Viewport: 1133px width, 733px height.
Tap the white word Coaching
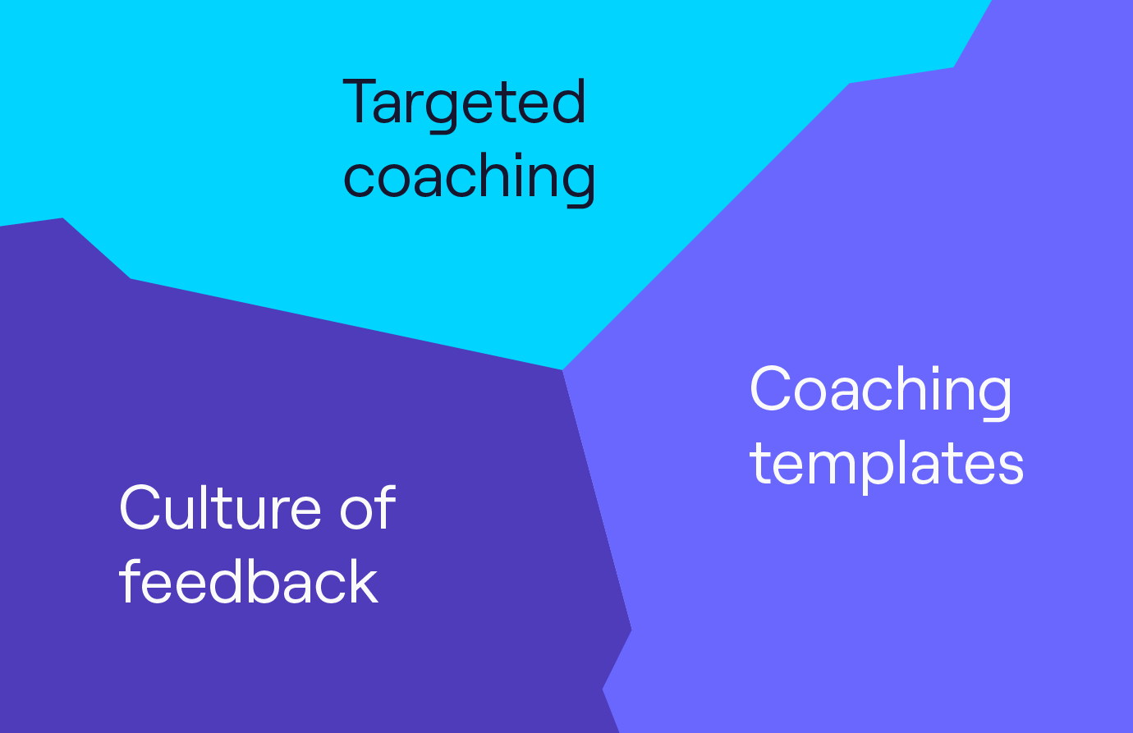tap(881, 392)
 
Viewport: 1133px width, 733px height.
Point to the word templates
tap(887, 466)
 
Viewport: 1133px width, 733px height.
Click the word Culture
tap(220, 507)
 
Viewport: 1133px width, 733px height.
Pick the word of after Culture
tap(368, 507)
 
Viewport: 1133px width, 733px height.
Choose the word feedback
tap(248, 580)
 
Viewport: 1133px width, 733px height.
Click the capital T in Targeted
tap(360, 100)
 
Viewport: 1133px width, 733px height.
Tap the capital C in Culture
tap(140, 507)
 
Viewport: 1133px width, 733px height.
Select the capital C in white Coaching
tap(770, 388)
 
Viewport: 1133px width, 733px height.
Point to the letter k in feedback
tap(362, 581)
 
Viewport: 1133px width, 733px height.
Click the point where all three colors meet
tap(562, 370)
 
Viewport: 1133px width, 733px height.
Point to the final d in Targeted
tap(570, 101)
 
